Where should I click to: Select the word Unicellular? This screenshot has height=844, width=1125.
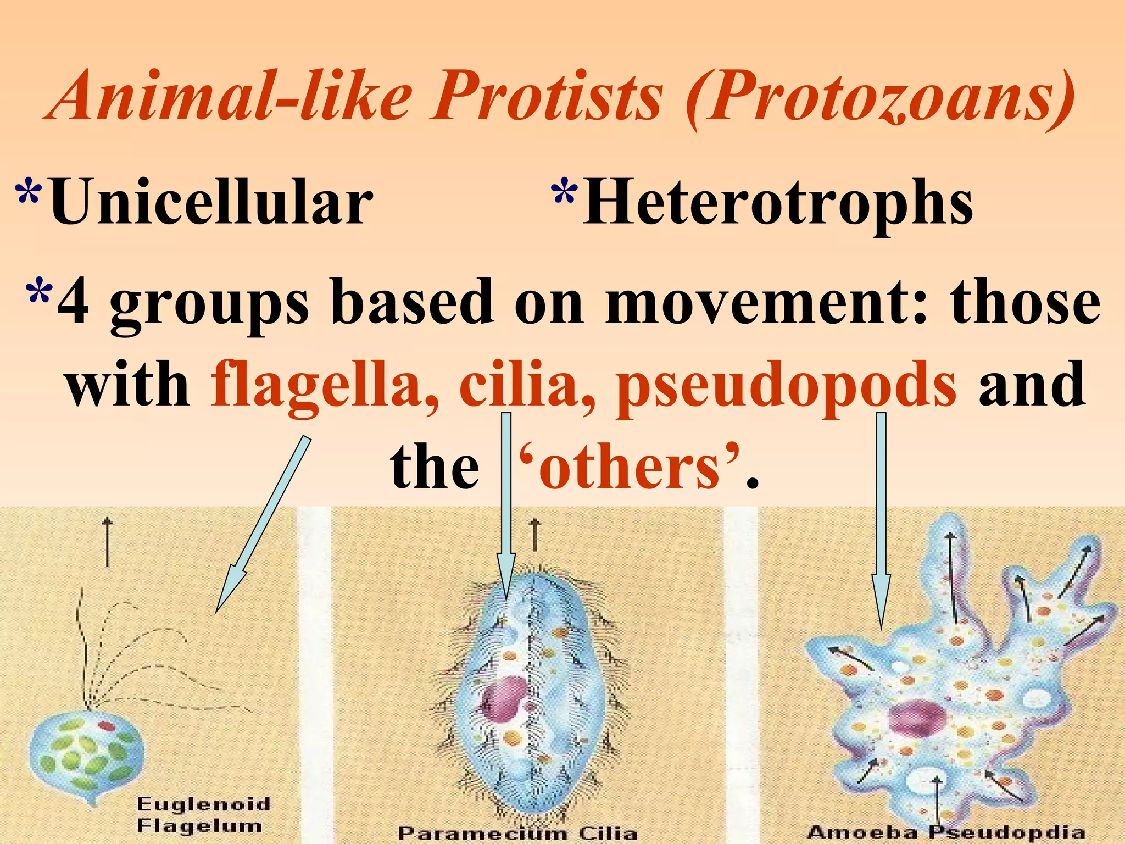coord(211,203)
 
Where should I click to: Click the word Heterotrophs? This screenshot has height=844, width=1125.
coord(777,203)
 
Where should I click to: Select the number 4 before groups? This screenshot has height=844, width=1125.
coord(74,302)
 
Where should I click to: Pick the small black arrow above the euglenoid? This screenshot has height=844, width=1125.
coord(108,541)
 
